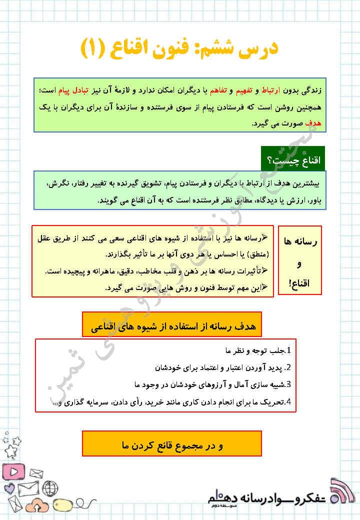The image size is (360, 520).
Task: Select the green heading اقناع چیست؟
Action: tap(293, 160)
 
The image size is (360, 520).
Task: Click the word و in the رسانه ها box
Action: tap(299, 263)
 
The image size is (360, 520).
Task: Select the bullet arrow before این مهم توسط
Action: tap(265, 287)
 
